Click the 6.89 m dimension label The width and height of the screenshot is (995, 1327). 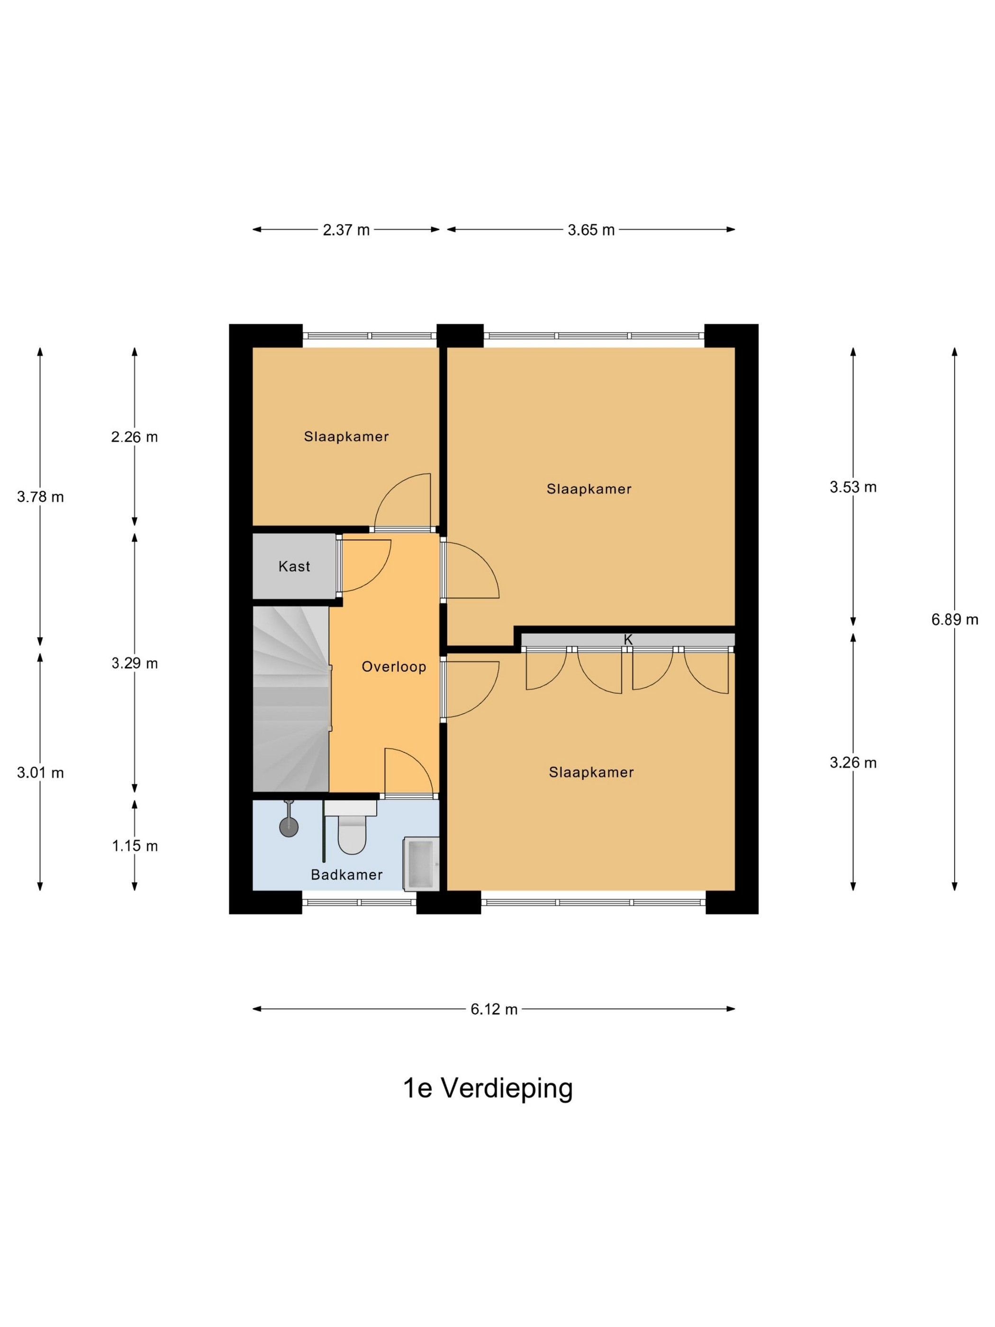click(954, 620)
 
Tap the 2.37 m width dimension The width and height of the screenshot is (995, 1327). click(346, 230)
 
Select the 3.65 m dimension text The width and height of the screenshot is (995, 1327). click(591, 230)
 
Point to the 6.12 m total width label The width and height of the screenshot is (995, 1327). click(494, 1009)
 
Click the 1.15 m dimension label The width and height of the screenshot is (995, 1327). click(135, 846)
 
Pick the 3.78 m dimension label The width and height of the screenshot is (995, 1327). click(40, 497)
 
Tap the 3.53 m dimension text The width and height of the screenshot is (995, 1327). click(853, 487)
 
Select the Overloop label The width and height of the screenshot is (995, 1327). click(394, 666)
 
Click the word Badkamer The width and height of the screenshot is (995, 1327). click(347, 875)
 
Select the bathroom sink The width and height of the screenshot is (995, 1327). click(421, 863)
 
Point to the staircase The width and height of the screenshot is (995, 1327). click(291, 699)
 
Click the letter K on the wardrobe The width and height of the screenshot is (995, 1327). click(628, 639)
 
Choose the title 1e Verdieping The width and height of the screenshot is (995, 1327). click(488, 1105)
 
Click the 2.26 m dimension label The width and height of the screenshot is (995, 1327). click(135, 437)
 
